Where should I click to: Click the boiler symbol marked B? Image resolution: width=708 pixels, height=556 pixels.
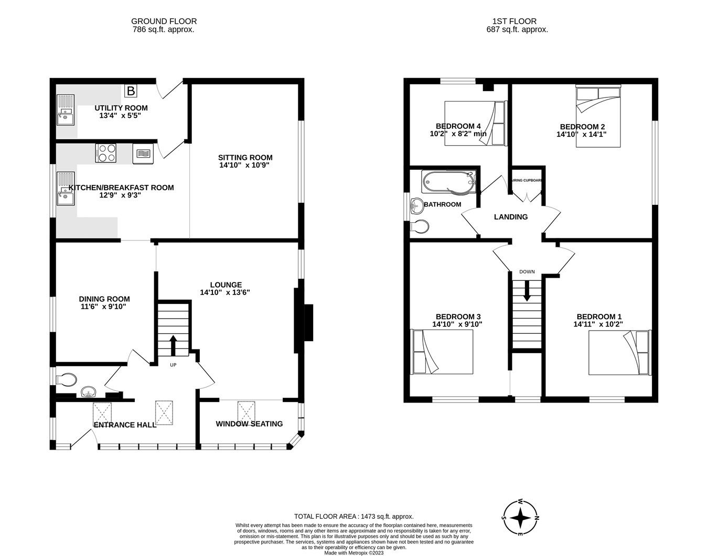pos(131,91)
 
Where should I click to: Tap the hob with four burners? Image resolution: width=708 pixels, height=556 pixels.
pos(106,152)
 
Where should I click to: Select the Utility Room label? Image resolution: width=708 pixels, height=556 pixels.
pos(121,108)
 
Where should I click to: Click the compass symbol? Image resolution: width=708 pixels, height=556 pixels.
pos(520,517)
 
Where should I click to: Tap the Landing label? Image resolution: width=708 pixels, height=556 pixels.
pos(511,216)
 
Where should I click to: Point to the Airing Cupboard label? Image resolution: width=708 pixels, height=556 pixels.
pos(527,180)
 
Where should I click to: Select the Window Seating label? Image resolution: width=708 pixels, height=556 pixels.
pos(249,423)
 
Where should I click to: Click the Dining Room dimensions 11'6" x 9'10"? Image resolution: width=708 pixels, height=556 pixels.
pos(103,307)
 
